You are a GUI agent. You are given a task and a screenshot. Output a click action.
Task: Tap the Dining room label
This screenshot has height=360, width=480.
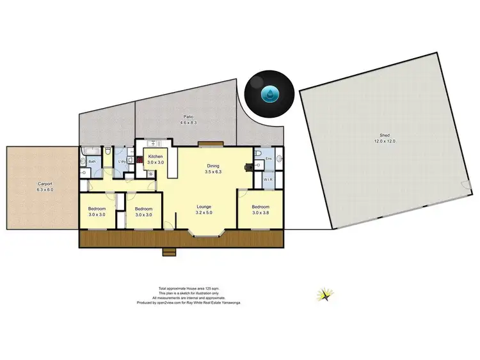(x=212, y=165)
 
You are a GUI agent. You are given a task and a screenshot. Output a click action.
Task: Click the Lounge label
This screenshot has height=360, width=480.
(x=204, y=206)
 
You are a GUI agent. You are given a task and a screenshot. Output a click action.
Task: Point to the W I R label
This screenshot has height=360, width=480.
(x=268, y=180)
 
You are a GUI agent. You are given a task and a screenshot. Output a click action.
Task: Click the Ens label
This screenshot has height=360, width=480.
(x=268, y=157)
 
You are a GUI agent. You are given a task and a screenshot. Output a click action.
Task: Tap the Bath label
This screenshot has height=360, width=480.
(x=92, y=161)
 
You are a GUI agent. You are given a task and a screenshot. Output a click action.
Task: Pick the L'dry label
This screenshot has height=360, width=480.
(x=122, y=161)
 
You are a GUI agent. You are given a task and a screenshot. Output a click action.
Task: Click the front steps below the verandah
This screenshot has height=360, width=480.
(x=170, y=252)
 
